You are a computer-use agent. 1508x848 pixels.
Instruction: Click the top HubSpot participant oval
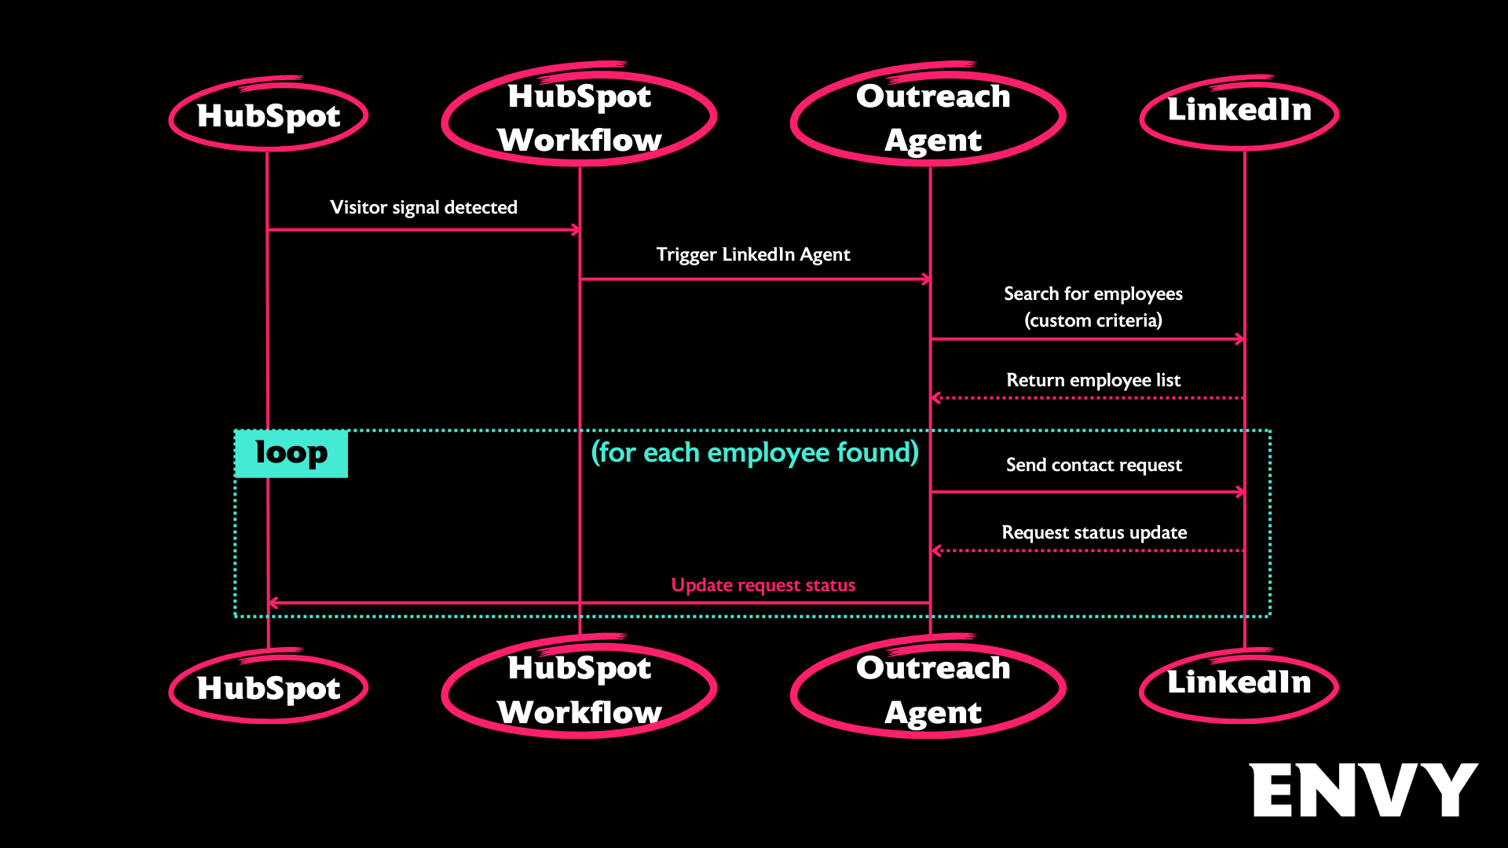tap(269, 115)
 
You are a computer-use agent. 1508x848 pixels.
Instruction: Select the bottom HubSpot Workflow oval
tap(580, 689)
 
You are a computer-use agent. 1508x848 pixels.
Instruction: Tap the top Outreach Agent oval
tap(930, 117)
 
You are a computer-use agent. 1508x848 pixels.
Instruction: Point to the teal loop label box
tap(291, 454)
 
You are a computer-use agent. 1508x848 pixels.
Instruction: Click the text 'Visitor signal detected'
tap(423, 207)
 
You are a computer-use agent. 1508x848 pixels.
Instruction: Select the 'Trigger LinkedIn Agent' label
tap(753, 254)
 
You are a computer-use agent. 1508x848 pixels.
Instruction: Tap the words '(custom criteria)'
tap(1093, 320)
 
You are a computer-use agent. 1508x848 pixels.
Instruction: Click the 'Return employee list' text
tap(1093, 380)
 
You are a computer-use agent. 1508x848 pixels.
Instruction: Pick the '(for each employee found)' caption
tap(755, 452)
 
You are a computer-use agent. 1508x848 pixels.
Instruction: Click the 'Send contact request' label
tap(1093, 465)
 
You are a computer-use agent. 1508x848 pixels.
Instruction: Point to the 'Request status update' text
tap(1094, 532)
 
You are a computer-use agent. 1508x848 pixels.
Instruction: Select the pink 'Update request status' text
tap(763, 585)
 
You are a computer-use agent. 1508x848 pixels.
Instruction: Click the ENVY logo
tap(1363, 790)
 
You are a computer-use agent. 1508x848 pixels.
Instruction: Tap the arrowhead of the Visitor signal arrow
tap(576, 230)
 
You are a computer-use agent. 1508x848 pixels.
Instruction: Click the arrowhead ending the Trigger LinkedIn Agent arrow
tap(927, 279)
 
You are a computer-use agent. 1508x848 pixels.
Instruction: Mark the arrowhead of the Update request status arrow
tap(273, 603)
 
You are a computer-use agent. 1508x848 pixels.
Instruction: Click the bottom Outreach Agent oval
tap(930, 689)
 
